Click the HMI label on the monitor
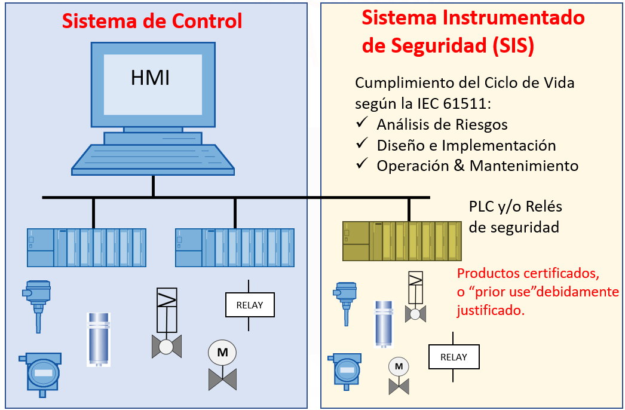point(151,78)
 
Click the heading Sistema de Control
point(152,22)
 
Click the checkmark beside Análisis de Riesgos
point(361,123)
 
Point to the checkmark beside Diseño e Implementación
point(361,144)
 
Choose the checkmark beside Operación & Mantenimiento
point(361,164)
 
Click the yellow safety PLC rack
point(402,241)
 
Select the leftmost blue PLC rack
point(87,247)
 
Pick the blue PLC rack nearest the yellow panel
point(235,247)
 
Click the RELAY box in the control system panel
point(249,305)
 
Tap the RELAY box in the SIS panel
point(454,357)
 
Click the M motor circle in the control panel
point(222,353)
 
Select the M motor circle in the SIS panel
point(399,365)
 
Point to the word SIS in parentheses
point(510,46)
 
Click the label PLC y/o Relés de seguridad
point(515,217)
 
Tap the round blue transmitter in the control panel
point(43,372)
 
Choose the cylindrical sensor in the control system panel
point(99,338)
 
